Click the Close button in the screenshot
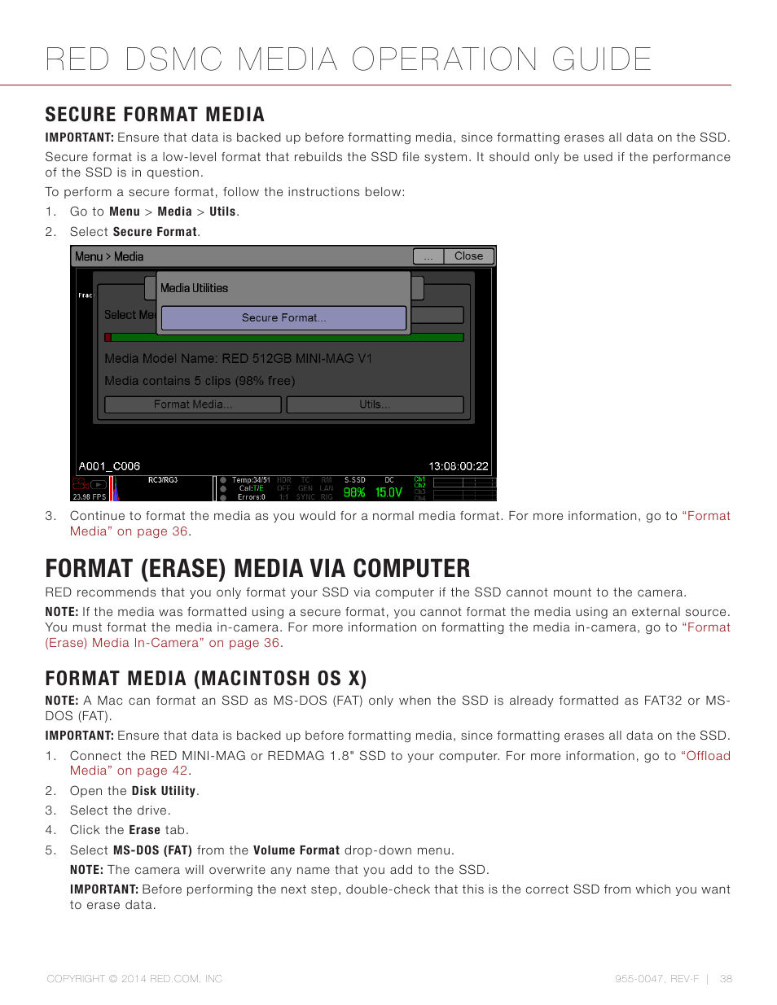coord(468,256)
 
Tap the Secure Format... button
coord(283,318)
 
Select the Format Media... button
coord(193,404)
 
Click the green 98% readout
coord(354,492)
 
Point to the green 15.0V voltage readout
coord(388,492)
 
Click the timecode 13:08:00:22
coord(459,466)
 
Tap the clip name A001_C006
coord(109,466)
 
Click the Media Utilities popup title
coord(194,288)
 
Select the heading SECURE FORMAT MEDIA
coord(155,115)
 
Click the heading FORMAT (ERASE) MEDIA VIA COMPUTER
coord(257,568)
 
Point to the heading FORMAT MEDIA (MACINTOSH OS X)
coord(206,679)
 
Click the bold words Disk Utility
coord(164,791)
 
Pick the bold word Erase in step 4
coord(144,830)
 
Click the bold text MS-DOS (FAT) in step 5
coord(152,850)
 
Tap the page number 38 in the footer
coord(726,979)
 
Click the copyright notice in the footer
coord(134,979)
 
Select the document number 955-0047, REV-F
coord(656,979)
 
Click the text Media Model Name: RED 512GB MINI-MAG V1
coord(238,359)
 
